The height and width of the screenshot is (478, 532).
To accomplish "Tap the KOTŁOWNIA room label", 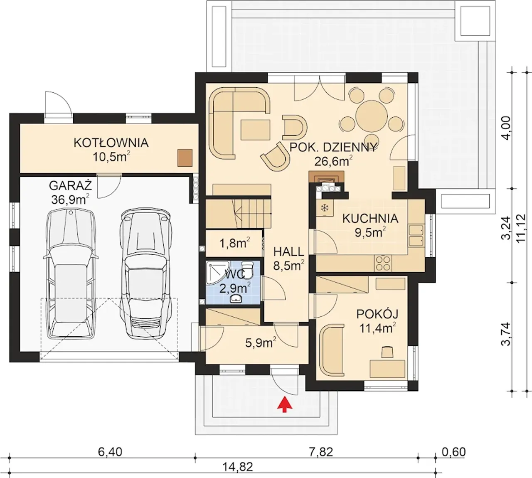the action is (x=111, y=143).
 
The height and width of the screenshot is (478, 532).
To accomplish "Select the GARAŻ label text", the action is (x=70, y=185).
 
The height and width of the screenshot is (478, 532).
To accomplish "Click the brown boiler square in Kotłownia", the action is (x=185, y=158).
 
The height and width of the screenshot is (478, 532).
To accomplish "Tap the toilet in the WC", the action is (x=247, y=270).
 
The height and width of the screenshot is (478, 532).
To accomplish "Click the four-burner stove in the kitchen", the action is (x=384, y=264).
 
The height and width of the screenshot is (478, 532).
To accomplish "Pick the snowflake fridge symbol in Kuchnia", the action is (x=325, y=208).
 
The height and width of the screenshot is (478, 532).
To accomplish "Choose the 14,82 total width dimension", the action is (x=238, y=467).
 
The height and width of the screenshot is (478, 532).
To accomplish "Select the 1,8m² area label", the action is (x=234, y=244).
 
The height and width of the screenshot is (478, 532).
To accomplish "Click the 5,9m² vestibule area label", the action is (x=261, y=342).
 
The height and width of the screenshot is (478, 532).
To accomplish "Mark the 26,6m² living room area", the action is (x=333, y=161).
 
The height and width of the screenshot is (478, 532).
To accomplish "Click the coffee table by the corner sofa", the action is (x=255, y=129).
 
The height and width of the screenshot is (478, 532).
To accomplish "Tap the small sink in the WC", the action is (x=236, y=298).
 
